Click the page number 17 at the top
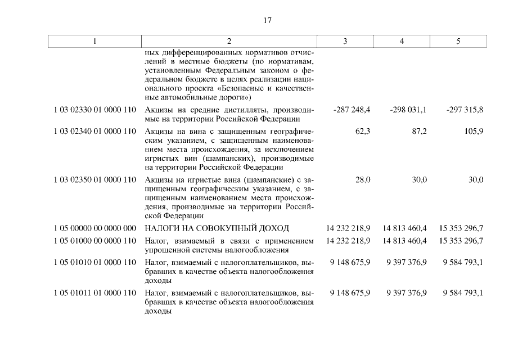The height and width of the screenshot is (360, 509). coord(267,21)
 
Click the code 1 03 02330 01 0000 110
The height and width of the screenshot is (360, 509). coord(95,110)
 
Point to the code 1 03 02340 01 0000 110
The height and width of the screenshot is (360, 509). coord(95,132)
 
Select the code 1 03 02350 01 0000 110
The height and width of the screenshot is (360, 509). coord(95,180)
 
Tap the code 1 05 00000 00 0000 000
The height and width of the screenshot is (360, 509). coord(95,228)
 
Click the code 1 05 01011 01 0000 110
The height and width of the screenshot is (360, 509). coord(95,293)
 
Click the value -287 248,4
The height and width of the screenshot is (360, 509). coord(352,110)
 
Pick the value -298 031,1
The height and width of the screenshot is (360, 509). coord(408,110)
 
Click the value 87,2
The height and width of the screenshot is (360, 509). coord(418,132)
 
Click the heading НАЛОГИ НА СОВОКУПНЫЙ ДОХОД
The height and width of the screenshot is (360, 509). coord(217,228)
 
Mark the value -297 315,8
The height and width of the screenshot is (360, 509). coord(465,110)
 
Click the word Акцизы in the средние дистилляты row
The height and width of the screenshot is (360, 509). coord(158,110)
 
